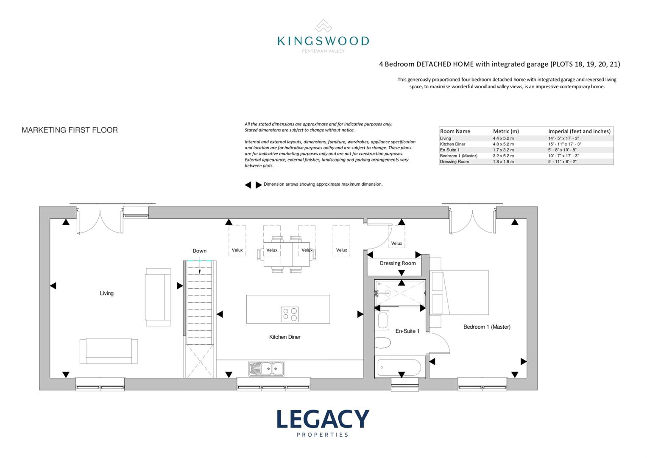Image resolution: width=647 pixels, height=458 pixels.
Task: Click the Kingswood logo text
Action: tap(323, 41)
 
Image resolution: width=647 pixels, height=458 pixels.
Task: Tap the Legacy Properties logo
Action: tap(323, 423)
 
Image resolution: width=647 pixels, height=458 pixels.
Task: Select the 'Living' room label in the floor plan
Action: tap(106, 293)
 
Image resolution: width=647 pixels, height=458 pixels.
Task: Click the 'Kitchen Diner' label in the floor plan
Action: tap(285, 337)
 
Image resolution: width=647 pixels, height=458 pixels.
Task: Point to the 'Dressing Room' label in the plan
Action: tap(398, 263)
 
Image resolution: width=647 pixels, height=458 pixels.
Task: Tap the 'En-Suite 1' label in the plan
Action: tap(407, 331)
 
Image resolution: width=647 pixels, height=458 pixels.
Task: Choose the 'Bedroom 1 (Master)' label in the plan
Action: tap(487, 327)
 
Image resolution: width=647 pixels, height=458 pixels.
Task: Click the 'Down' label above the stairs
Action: tap(200, 251)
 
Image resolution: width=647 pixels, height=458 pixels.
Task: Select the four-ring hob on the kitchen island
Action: tap(290, 314)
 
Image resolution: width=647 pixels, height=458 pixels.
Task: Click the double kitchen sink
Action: tap(266, 369)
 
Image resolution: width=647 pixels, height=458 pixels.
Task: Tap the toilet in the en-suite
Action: tap(382, 343)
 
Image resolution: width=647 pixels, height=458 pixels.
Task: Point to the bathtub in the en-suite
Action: tap(399, 368)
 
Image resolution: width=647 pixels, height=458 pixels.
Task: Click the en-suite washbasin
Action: tap(383, 320)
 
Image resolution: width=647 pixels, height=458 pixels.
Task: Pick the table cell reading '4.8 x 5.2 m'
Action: tap(503, 144)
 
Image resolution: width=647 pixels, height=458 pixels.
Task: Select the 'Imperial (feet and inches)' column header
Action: tap(580, 131)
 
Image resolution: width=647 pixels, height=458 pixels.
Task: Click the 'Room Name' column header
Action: tap(455, 131)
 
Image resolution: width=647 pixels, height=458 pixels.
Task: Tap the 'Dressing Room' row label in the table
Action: tap(455, 162)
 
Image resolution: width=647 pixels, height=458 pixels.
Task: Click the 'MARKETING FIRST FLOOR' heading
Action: tap(70, 130)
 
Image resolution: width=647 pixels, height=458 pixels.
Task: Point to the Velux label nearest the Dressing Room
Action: tap(396, 243)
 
